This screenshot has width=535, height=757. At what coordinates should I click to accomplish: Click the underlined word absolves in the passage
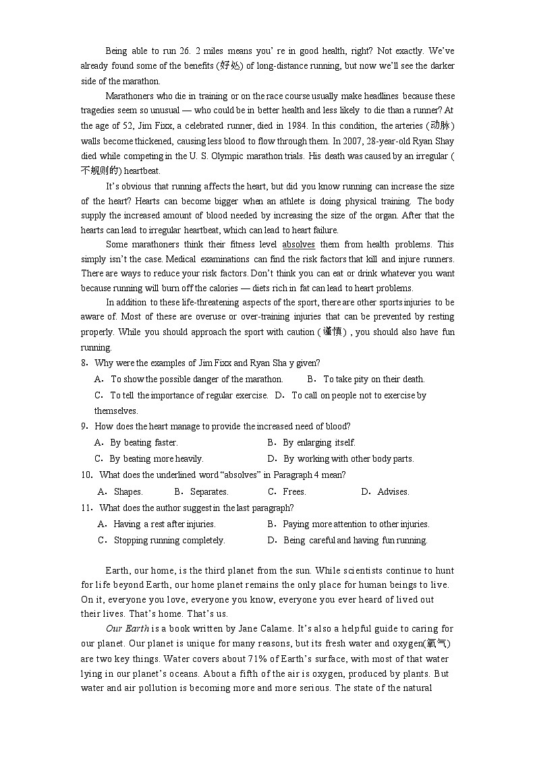(x=298, y=245)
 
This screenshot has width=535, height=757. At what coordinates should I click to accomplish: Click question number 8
(x=84, y=363)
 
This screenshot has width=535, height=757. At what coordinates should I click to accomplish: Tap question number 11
(x=86, y=508)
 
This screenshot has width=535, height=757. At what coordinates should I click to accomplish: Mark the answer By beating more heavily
(x=156, y=459)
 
